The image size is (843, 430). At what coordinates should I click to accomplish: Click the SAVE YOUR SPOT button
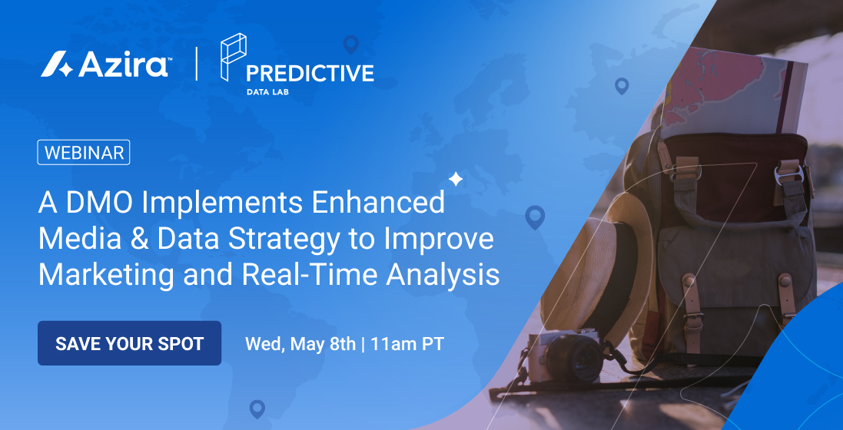(x=130, y=343)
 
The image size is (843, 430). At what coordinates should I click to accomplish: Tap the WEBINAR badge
(x=83, y=153)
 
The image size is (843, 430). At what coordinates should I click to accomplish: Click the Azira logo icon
(x=57, y=64)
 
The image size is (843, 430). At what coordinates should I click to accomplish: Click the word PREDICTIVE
(x=310, y=73)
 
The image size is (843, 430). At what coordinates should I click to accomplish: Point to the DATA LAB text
(x=267, y=92)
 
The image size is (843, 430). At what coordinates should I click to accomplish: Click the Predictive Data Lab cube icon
(x=234, y=57)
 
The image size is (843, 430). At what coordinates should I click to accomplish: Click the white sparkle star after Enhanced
(x=456, y=179)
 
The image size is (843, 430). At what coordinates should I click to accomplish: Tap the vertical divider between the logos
(x=196, y=64)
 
